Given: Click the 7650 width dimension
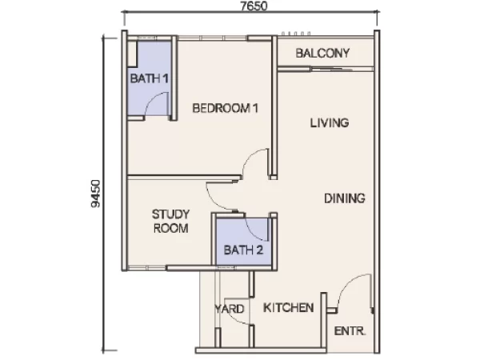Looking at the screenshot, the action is coord(254,6).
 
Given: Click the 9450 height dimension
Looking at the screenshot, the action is coord(95,194).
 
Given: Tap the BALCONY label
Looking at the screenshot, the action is coord(322,54).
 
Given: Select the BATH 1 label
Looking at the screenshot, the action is coord(149,78).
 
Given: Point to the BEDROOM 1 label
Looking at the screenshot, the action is coord(225,108).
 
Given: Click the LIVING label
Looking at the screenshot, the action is coord(330,122).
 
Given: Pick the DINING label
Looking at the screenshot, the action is coord(344,198).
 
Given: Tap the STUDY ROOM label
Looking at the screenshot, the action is coord(171,221).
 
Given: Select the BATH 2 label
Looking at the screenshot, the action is coord(243,250).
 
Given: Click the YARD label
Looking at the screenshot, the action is coord(230,309).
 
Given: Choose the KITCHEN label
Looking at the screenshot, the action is coord(288,308).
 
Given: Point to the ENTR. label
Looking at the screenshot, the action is coord(350,331).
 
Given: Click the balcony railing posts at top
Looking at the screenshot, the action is coord(296,34).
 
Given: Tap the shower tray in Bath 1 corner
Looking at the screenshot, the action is coord(132,54).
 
